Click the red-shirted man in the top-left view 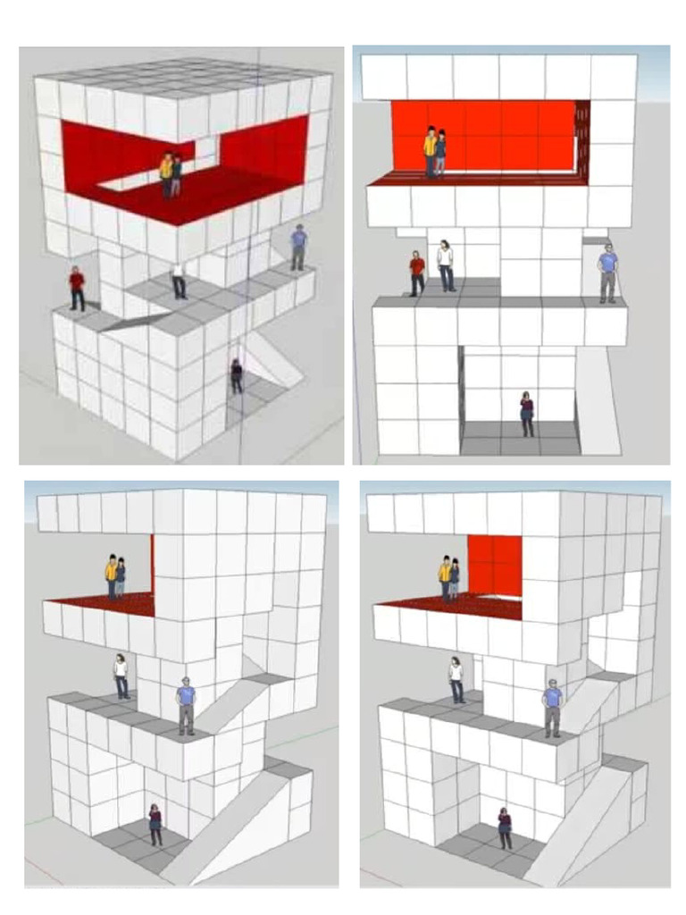coord(77,288)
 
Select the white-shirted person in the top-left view coord(179,280)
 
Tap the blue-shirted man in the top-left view coord(298,247)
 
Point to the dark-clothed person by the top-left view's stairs coord(236,375)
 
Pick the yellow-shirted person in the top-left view coord(166,174)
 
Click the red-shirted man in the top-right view coord(417,272)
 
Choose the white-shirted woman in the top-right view coord(445,264)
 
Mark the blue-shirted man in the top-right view coord(608,273)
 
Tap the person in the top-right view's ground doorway coord(527,414)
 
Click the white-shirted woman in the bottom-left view coord(121,676)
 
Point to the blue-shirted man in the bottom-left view coord(186,705)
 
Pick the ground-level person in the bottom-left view coord(155,824)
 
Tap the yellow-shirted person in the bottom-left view coord(112,576)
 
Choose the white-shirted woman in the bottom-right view coord(456,679)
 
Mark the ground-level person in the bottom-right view coord(505,827)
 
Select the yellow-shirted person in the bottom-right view coord(445,577)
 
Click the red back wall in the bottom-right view coord(496,563)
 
